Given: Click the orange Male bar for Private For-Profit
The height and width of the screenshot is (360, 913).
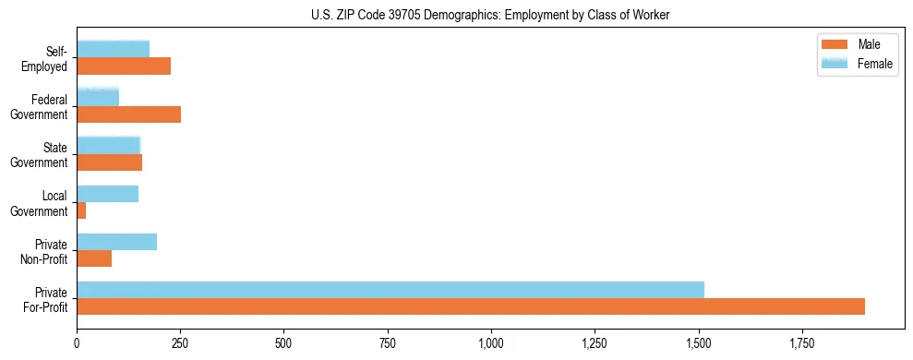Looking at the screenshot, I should click(471, 306).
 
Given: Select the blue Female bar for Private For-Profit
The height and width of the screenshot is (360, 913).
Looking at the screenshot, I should click(390, 290).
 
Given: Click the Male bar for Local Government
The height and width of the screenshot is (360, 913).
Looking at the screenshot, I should click(81, 210).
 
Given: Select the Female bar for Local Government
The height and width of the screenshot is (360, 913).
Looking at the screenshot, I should click(108, 194).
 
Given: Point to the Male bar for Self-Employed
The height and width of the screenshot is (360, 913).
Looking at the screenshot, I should click(124, 66).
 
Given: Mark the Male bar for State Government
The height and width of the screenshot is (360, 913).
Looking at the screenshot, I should click(110, 162).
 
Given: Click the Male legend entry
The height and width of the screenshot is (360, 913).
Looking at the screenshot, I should click(869, 45).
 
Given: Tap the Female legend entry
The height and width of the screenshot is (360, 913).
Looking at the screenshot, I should click(874, 64).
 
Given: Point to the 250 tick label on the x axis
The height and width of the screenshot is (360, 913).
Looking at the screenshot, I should click(181, 343).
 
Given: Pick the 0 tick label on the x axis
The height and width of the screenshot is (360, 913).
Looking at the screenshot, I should click(77, 343).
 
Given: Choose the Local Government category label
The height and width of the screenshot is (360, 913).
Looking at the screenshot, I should click(41, 203).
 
